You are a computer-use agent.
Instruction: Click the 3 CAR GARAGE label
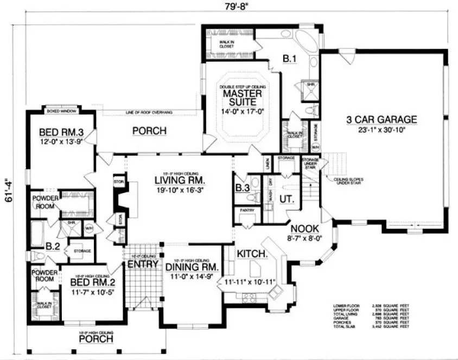coord(383,120)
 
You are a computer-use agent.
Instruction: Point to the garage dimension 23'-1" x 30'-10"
coord(383,130)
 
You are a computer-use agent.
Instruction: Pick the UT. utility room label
coord(287,200)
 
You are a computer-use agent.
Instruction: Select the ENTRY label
coord(143,265)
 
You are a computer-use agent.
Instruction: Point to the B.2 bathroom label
coord(53,246)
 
